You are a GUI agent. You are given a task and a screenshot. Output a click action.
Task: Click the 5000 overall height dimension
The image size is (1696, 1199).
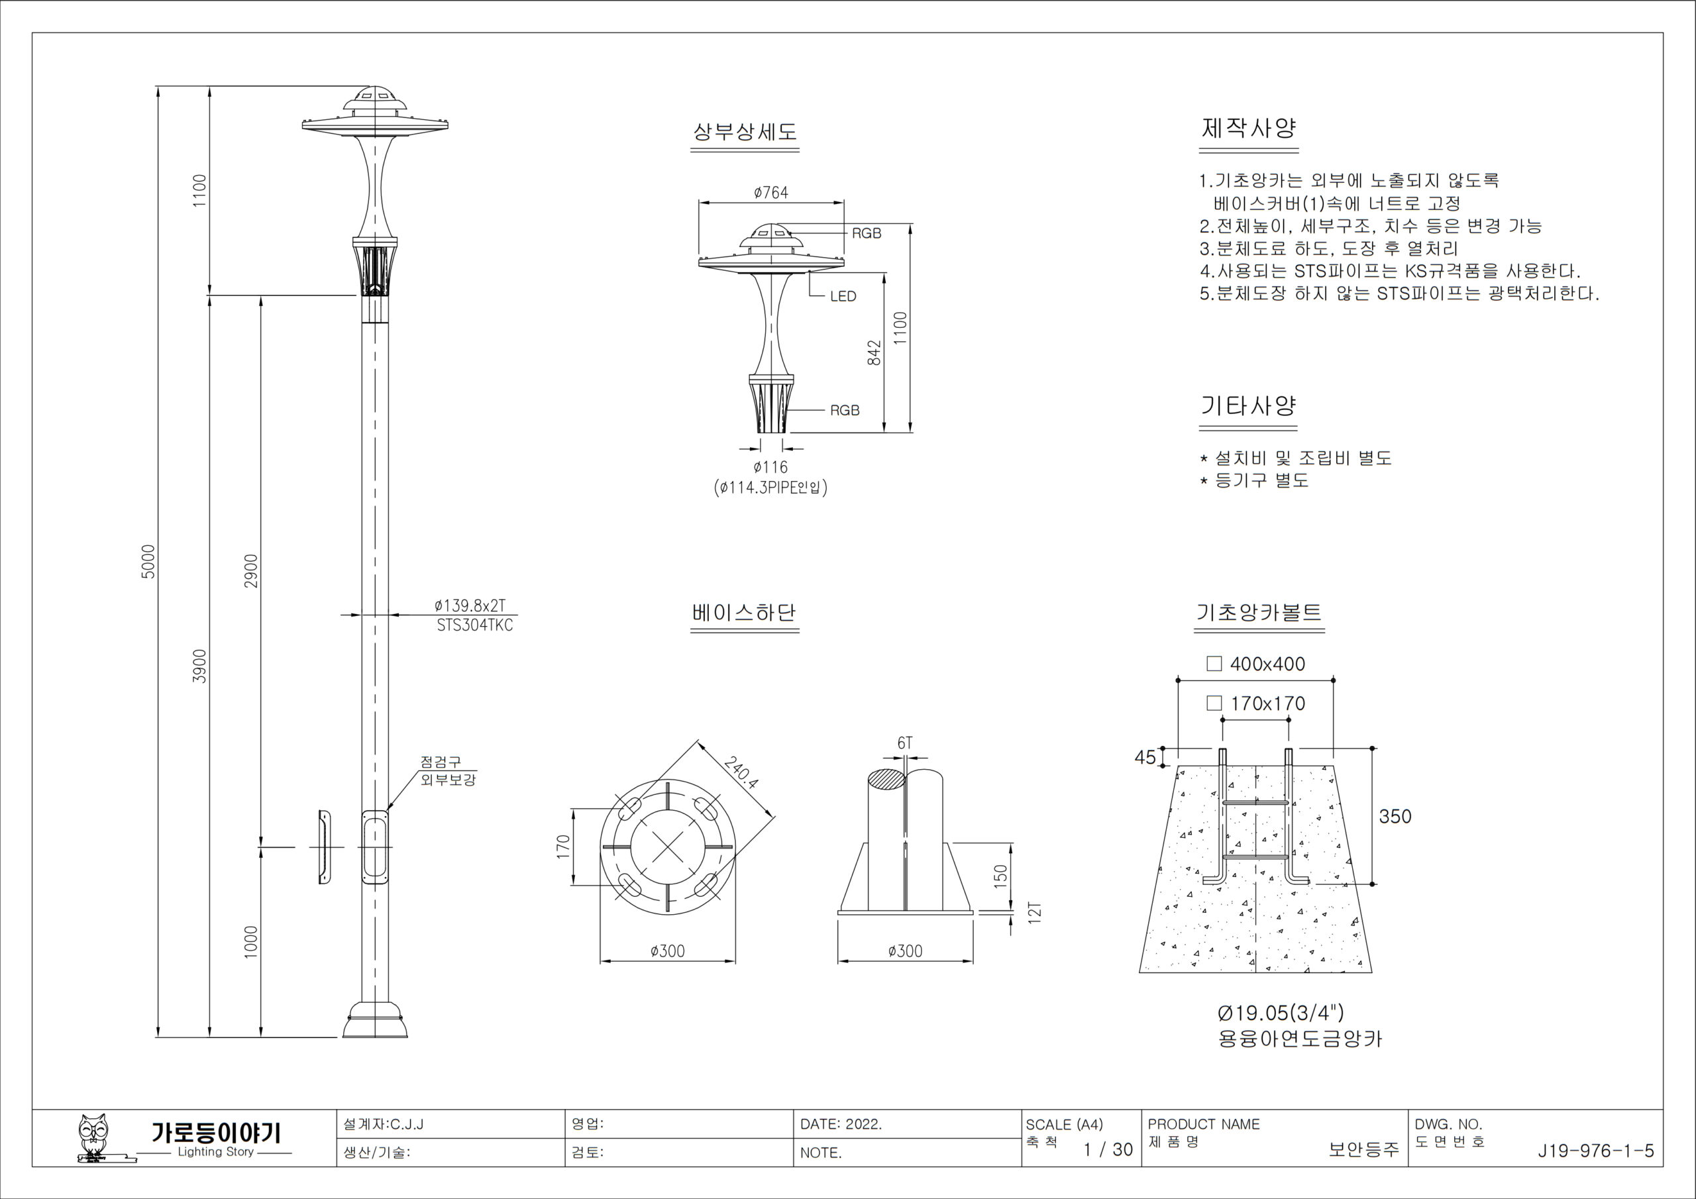coord(148,562)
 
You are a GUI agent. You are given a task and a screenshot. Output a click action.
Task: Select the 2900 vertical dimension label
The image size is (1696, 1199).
coord(251,571)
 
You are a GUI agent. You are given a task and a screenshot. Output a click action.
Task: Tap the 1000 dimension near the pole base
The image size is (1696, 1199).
coord(251,942)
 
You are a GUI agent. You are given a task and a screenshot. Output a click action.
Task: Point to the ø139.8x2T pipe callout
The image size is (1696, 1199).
coord(470,605)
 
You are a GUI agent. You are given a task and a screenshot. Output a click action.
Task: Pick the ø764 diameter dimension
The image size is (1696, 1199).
coord(770,193)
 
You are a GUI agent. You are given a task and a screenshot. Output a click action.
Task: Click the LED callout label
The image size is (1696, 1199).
coord(843,296)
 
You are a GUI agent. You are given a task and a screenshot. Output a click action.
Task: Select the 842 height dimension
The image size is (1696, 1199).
coord(874,352)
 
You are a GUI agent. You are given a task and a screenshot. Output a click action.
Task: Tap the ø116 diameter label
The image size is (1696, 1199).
coord(770,467)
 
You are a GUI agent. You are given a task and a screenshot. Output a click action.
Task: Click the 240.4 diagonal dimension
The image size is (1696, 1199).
coord(741,774)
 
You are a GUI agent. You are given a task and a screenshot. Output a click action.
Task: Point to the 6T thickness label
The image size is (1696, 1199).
coord(905,743)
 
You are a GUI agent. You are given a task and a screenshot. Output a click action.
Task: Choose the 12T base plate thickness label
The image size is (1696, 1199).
coord(1035,912)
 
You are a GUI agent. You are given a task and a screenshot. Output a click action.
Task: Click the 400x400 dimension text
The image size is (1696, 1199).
coord(1267,664)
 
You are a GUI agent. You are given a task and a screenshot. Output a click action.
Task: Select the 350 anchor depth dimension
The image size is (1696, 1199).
coord(1395,816)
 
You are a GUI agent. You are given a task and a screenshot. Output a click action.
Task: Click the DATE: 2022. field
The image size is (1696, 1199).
coord(841,1124)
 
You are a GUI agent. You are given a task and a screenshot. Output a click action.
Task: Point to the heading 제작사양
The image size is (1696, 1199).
coord(1248,129)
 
